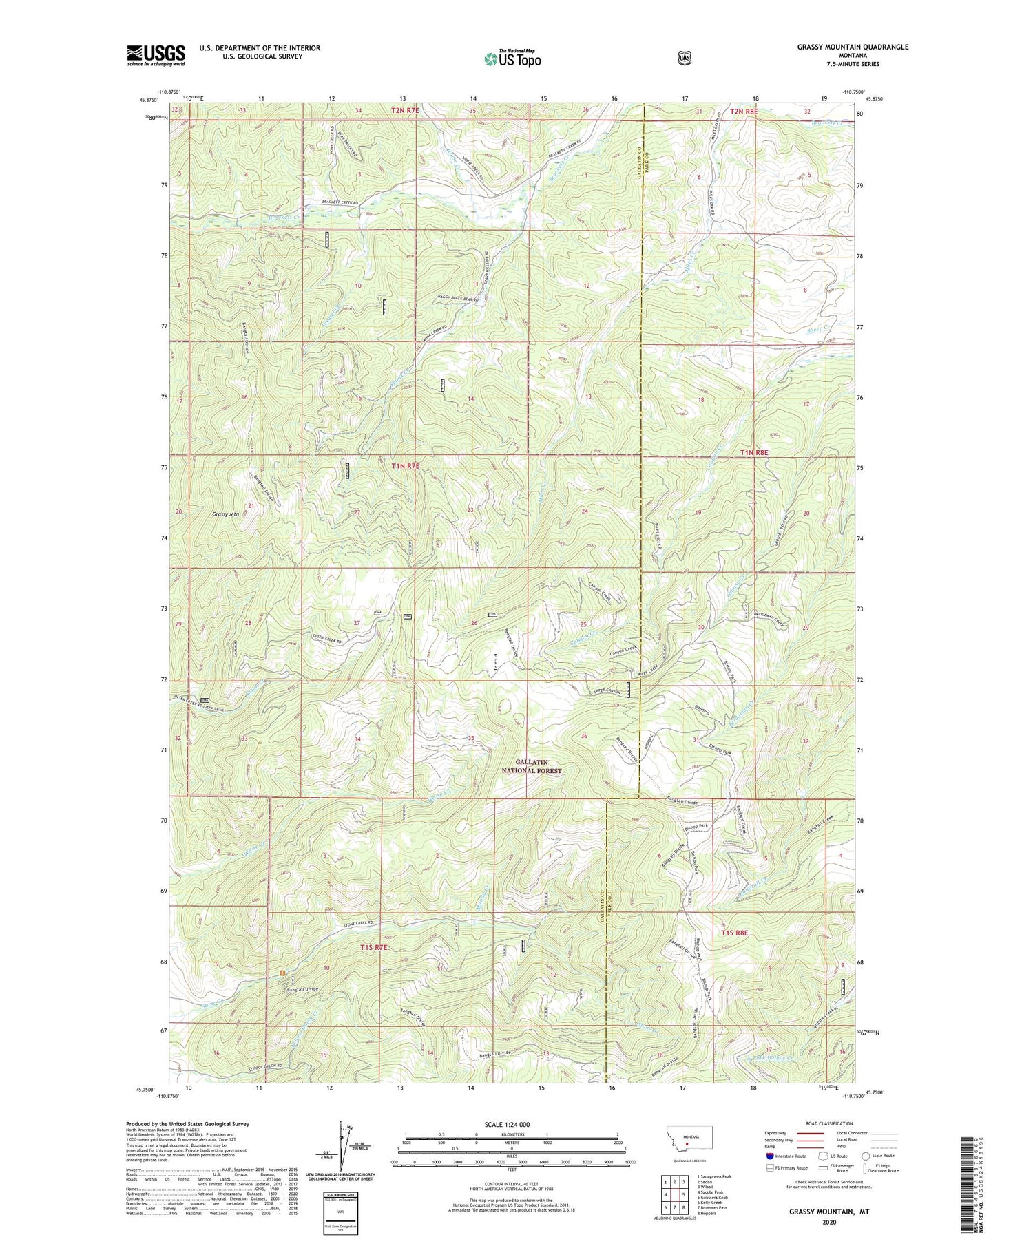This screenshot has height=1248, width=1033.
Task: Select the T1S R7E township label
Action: coord(374,948)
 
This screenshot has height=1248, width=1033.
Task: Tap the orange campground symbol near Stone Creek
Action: coord(282,972)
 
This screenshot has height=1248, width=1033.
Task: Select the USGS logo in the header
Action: coord(156,55)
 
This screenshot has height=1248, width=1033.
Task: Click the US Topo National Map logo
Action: coord(512,58)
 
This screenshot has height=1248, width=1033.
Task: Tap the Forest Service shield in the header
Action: coord(684,59)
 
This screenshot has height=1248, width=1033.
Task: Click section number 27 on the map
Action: coord(357,623)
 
